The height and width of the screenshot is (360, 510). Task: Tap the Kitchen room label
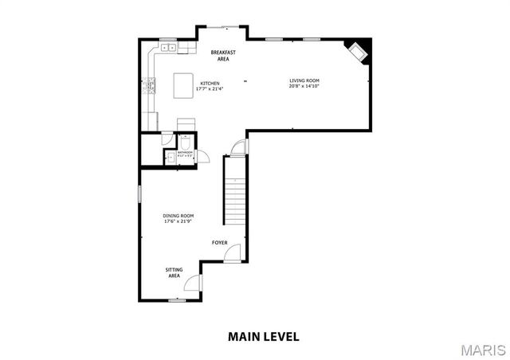click(210, 83)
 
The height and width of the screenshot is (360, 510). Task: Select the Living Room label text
click(304, 80)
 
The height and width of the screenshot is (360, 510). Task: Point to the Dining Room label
click(178, 216)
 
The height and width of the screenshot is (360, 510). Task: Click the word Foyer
click(219, 241)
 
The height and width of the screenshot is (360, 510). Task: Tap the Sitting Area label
click(174, 272)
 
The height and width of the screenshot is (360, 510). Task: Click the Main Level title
click(264, 336)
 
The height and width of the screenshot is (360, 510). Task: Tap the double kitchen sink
click(168, 49)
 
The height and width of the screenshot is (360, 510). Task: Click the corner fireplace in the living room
click(355, 52)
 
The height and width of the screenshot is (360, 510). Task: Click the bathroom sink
click(170, 158)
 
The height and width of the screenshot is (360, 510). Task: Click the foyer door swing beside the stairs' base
click(232, 253)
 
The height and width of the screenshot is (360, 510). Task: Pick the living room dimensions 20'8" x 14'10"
click(304, 86)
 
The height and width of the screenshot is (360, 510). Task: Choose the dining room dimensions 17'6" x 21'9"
click(178, 221)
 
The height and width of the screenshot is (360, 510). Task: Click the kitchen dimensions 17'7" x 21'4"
click(210, 88)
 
